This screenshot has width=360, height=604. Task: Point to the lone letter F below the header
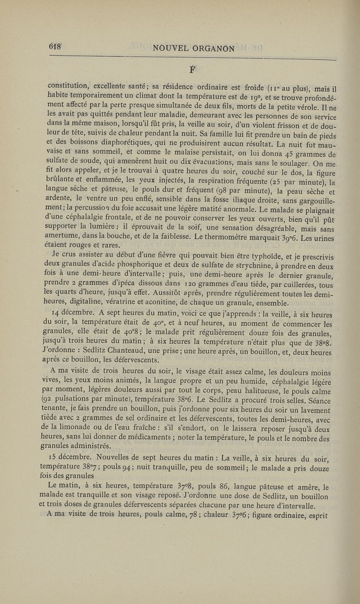point(193,69)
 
